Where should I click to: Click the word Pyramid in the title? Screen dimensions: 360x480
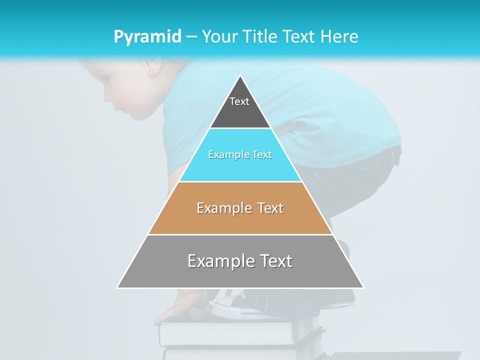pyautogui.click(x=147, y=37)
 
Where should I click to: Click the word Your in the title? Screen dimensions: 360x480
pyautogui.click(x=219, y=36)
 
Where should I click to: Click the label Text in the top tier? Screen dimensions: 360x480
pyautogui.click(x=239, y=101)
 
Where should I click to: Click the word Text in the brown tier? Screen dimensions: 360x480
pyautogui.click(x=267, y=208)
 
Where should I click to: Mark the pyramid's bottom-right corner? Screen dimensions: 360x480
pyautogui.click(x=363, y=287)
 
